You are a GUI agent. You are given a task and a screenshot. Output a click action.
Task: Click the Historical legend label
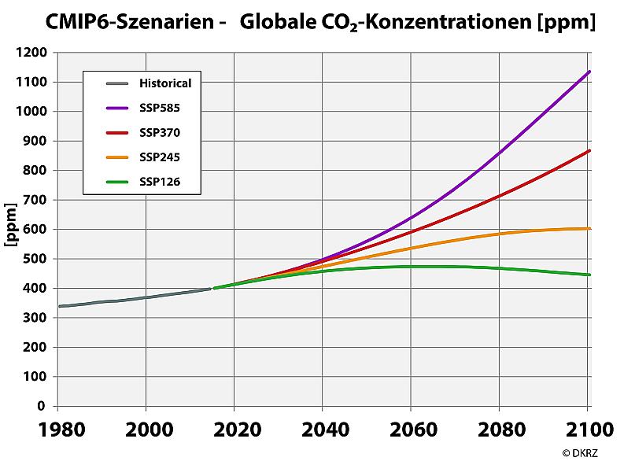tap(165, 82)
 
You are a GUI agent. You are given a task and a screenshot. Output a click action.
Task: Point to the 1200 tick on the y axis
tap(33, 53)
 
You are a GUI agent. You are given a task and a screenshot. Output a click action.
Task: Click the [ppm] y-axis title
tap(12, 229)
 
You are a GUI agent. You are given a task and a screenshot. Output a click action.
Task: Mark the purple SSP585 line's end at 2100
tap(589, 72)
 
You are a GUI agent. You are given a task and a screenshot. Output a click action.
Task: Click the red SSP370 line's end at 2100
tap(589, 150)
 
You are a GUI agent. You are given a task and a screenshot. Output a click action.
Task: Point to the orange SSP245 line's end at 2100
tap(589, 228)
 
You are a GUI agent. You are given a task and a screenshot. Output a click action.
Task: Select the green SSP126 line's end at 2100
tap(589, 275)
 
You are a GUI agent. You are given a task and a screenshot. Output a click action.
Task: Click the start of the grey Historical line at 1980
tap(59, 306)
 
